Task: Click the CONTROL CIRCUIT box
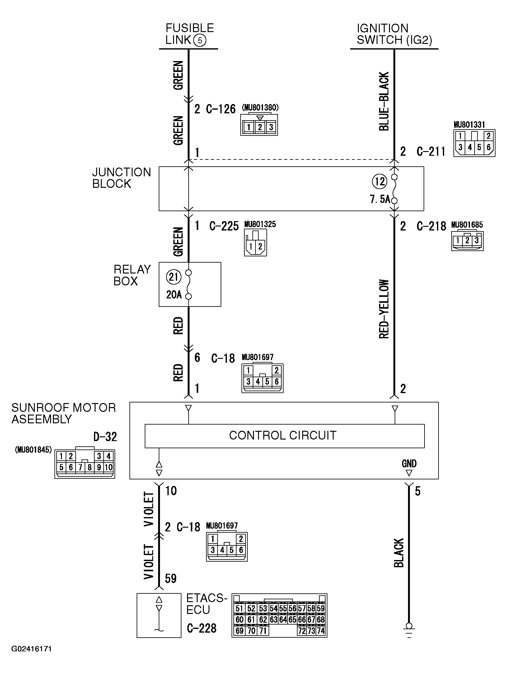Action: (284, 435)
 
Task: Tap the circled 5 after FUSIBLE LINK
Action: (200, 40)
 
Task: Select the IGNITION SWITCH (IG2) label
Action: (394, 34)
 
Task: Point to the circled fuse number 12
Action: (379, 182)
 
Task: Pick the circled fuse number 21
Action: (173, 277)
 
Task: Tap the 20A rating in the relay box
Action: (174, 294)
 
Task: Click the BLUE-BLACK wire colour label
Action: (384, 101)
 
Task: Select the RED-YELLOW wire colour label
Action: (384, 309)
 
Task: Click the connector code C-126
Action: (221, 109)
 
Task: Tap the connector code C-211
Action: (431, 151)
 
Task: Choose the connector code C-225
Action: (224, 226)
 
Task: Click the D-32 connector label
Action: (105, 437)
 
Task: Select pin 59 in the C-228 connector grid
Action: (321, 608)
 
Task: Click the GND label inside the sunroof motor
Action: (409, 463)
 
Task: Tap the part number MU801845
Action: (33, 450)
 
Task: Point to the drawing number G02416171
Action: (31, 649)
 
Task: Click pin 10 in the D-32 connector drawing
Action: (108, 467)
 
